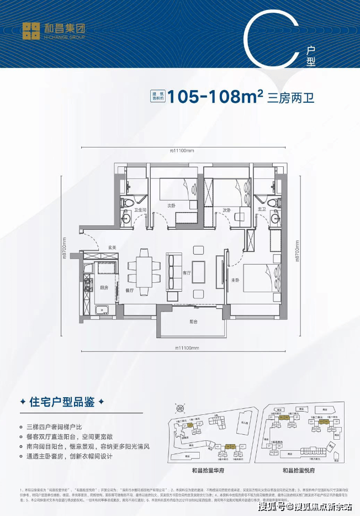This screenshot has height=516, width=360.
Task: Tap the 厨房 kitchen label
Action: (104, 287)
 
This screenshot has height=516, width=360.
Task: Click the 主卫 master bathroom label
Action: (262, 209)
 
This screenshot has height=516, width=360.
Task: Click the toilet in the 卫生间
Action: (125, 203)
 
